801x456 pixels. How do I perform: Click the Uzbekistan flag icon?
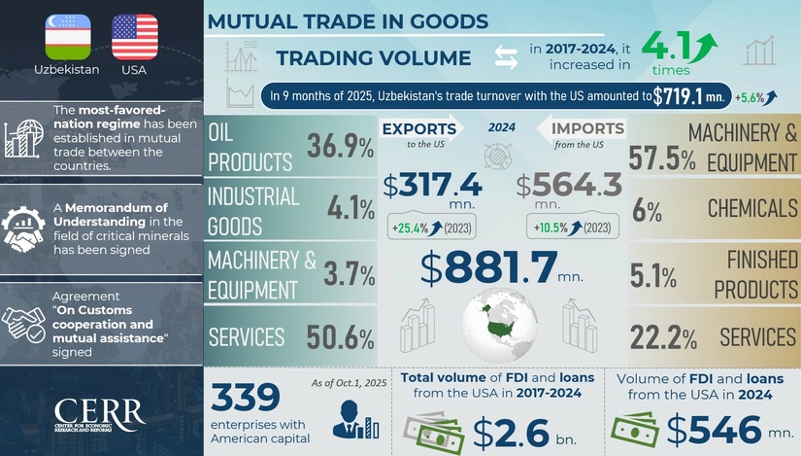point(67,37)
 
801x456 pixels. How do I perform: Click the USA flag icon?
point(135,37)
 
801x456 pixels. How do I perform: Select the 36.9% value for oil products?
point(340,147)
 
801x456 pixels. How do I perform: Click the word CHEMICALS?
point(751,208)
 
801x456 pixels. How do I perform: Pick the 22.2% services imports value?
point(662,338)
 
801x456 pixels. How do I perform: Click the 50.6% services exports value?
point(340,338)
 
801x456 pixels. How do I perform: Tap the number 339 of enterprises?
point(246,398)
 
